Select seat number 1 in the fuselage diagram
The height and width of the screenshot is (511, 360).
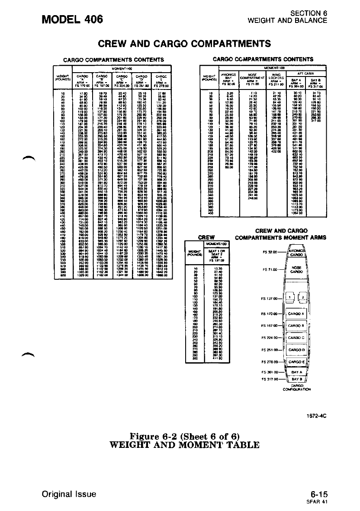(289, 297)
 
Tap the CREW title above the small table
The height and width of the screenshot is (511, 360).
(206, 237)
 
